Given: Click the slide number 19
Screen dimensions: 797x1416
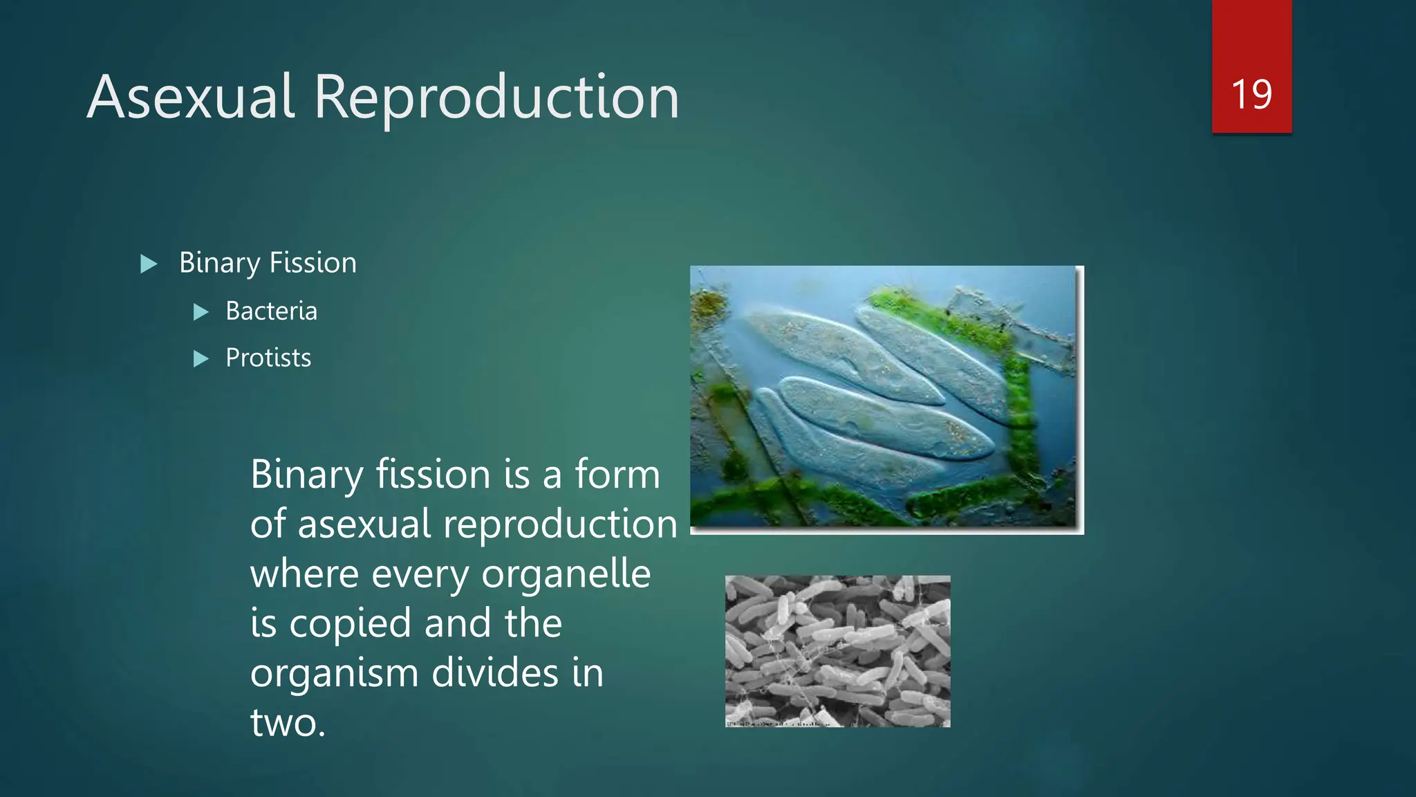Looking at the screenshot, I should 1251,95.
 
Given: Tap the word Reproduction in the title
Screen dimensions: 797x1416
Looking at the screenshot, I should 496,98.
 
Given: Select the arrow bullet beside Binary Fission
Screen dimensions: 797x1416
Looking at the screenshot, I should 149,264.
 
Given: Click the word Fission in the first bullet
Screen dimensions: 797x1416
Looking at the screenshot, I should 313,263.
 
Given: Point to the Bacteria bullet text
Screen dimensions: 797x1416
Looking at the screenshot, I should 271,311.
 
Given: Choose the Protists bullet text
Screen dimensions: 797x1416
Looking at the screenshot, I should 268,358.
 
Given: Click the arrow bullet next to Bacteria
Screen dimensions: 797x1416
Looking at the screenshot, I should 201,312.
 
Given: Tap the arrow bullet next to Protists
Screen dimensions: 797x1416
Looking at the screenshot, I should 201,359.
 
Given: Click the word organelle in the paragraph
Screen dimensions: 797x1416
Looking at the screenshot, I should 566,574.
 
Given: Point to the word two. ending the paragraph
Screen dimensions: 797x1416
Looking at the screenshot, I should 288,722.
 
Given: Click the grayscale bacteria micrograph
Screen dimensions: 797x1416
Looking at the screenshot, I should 837,651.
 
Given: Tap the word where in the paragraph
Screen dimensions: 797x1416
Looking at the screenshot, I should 304,574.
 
